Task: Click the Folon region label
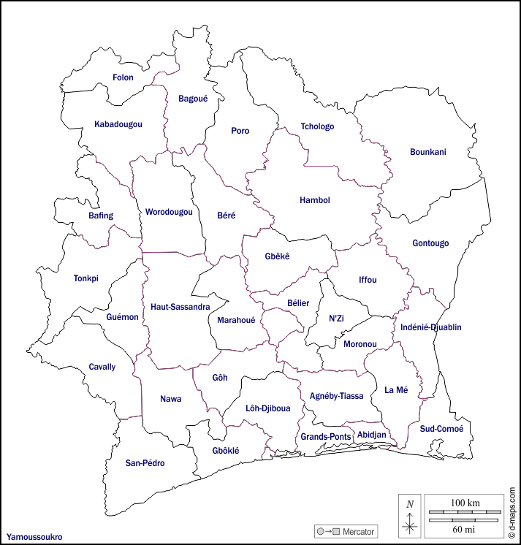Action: [123, 77]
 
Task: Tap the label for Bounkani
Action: [427, 152]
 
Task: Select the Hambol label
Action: [315, 200]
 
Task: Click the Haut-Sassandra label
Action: [180, 307]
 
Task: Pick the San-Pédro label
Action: [145, 463]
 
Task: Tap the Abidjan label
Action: [371, 435]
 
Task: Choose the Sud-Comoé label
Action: [441, 429]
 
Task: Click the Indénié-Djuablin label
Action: [431, 327]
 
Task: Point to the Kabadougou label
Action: [118, 124]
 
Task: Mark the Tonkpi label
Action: [85, 278]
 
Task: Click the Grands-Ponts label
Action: [326, 437]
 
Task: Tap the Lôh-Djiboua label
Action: [267, 408]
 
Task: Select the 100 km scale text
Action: [465, 504]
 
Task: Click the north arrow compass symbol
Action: [410, 516]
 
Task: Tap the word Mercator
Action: [358, 531]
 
